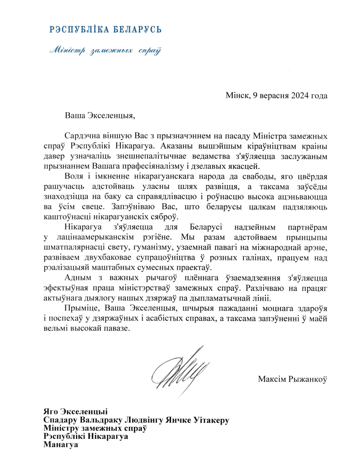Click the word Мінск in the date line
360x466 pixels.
[237, 95]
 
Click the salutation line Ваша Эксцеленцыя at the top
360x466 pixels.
[97, 116]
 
